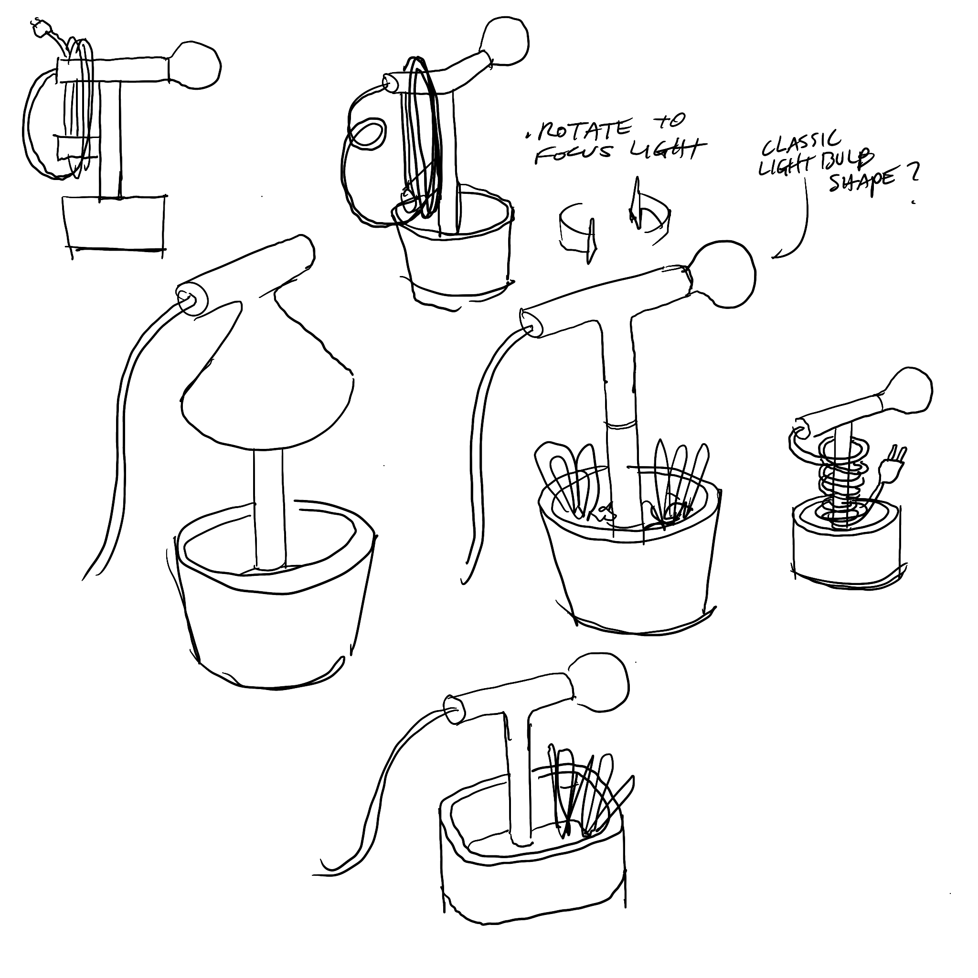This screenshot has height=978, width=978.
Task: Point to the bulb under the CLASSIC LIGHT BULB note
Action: tap(722, 276)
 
